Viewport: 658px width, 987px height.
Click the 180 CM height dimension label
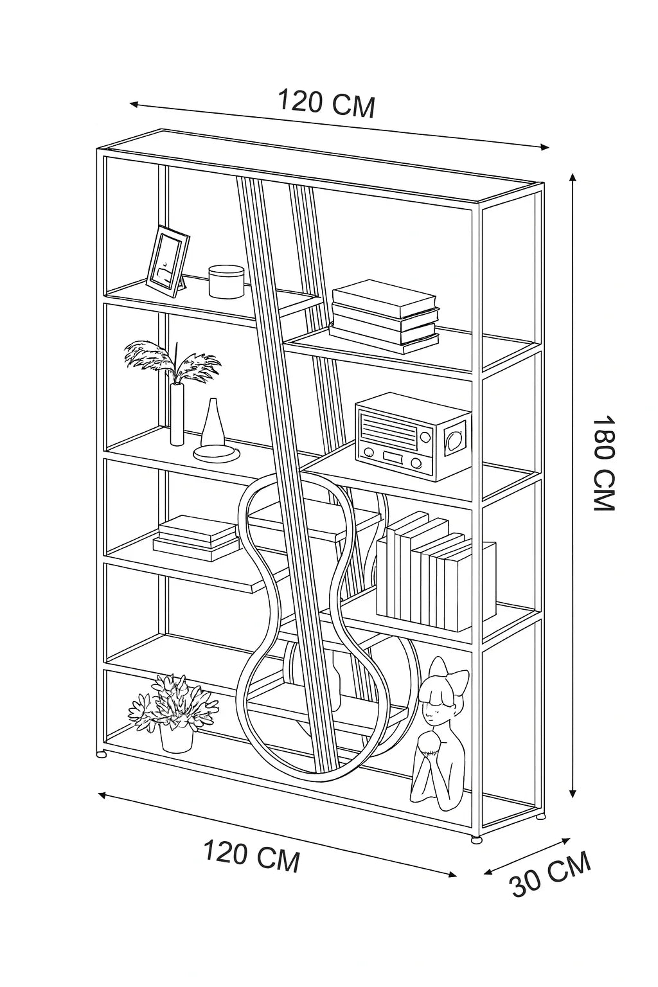pos(604,463)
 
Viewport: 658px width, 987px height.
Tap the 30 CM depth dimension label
pos(550,875)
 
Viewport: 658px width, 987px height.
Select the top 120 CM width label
pos(326,104)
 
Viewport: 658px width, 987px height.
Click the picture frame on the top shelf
pos(167,260)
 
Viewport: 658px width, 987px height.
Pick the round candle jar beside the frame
pos(226,281)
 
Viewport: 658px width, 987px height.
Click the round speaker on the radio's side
pos(455,440)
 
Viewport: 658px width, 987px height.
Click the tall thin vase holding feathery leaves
pos(177,414)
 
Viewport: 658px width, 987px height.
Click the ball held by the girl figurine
pos(427,746)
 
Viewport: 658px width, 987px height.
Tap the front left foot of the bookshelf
pos(101,754)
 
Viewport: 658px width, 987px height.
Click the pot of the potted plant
pos(176,738)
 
